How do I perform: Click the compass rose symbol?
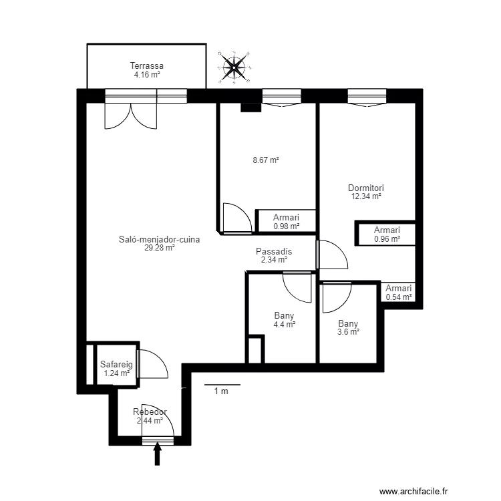(234, 67)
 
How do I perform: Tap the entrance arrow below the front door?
(157, 454)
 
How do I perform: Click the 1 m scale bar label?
(221, 391)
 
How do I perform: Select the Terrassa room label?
(147, 65)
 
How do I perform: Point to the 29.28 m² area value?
(160, 248)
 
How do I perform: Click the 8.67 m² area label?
(266, 160)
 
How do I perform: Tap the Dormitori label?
(366, 188)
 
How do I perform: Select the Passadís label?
(274, 251)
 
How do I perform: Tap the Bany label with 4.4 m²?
(284, 316)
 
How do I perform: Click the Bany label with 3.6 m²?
(348, 324)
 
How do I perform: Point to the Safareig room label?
(116, 364)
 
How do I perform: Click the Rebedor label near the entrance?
(150, 412)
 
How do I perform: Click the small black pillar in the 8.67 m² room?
(251, 108)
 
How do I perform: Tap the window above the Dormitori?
(367, 96)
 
